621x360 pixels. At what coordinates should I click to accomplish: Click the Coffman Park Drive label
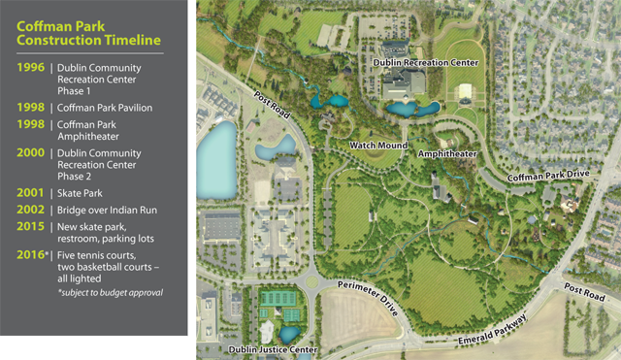(x=548, y=177)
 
